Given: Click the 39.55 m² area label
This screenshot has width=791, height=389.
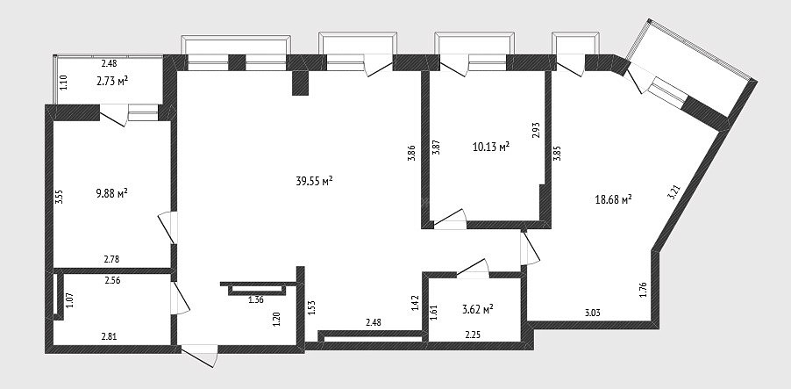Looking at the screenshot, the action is pos(314,181).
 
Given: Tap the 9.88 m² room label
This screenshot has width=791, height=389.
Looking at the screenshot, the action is pos(111,193).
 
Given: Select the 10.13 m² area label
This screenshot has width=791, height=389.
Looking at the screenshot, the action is pos(490,147).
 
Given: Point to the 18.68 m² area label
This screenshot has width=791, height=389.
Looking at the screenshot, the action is pos(614,200).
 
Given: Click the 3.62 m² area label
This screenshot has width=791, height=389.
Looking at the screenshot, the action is pos(477,309).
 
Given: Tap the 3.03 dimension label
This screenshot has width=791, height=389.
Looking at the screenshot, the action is pos(593,313).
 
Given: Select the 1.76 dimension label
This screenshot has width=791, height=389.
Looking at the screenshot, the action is pos(643,290).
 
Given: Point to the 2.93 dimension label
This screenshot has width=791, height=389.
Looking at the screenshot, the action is pos(535,130).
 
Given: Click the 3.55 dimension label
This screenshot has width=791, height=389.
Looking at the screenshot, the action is pos(59,196).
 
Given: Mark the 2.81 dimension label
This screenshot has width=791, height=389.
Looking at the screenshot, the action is pos(110,337).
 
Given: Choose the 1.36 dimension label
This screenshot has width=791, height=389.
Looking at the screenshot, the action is pos(256,300).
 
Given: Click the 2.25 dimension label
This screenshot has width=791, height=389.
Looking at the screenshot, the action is pos(473,334).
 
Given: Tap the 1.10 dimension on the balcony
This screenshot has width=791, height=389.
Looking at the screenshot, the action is pos(63,83).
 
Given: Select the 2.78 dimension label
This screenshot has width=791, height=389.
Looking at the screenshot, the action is pos(111,260).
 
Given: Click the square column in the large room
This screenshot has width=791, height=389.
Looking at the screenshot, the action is pos(300,83).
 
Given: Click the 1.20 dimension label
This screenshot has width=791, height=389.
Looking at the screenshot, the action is pos(276,320).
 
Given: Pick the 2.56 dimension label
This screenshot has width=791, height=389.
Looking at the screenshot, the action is pos(112,281).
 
